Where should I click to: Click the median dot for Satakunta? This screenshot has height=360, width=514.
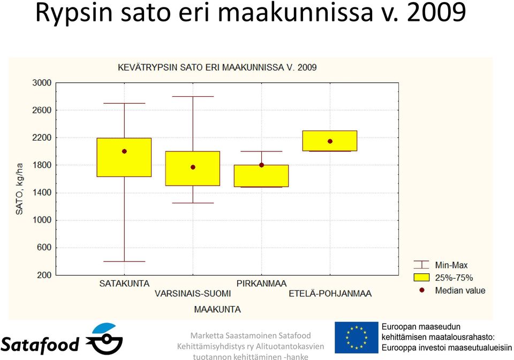[124, 151]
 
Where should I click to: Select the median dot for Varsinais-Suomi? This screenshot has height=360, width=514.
[193, 167]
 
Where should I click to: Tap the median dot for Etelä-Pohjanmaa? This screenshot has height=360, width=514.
[330, 141]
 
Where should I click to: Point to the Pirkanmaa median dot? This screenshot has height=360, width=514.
[261, 165]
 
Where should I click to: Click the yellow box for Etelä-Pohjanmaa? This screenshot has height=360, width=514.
[330, 141]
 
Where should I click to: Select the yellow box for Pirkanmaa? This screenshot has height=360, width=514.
[261, 176]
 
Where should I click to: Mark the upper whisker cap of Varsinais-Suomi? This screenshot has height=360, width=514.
[193, 97]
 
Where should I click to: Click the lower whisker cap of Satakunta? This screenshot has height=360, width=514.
[124, 262]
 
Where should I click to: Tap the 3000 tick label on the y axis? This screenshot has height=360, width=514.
[42, 83]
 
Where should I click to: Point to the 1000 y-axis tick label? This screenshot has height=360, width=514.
[42, 220]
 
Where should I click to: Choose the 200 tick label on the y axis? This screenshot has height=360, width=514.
[44, 275]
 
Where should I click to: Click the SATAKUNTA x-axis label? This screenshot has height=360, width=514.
[124, 284]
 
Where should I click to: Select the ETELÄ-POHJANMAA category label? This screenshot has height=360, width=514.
[330, 294]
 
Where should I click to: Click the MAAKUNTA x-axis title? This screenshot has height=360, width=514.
[217, 309]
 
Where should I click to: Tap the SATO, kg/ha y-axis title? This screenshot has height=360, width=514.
[19, 189]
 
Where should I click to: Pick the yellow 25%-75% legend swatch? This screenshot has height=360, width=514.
[421, 278]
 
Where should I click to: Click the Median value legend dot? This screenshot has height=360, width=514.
[422, 290]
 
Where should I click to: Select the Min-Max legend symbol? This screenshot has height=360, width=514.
[421, 265]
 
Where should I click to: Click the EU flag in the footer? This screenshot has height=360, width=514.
[357, 338]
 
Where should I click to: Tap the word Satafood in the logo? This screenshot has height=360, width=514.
[40, 344]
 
